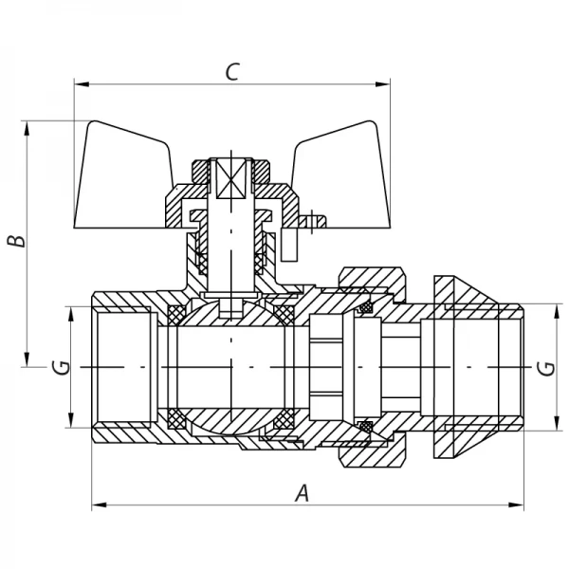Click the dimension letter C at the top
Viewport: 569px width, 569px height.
point(231,71)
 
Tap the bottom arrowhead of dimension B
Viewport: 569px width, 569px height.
point(28,359)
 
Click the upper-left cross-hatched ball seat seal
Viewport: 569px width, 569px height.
point(176,314)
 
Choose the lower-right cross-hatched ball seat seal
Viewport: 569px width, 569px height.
point(284,419)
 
